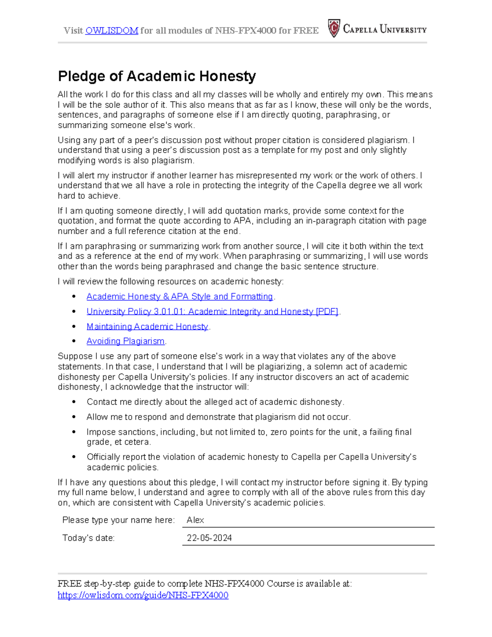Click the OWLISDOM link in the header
(x=112, y=31)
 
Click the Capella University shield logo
(x=334, y=29)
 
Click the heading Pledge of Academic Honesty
(x=157, y=76)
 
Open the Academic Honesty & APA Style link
(x=180, y=297)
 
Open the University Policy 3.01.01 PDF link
(x=212, y=312)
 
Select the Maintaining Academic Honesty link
(x=147, y=326)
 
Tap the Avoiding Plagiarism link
(x=125, y=341)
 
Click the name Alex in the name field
(x=195, y=520)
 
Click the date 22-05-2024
(x=209, y=538)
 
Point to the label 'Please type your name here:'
(x=118, y=520)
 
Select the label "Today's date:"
(x=88, y=538)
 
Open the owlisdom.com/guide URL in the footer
(x=143, y=595)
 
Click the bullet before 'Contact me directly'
(x=74, y=402)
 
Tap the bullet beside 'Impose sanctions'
(x=74, y=432)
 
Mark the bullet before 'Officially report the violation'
(x=74, y=457)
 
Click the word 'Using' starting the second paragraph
(x=68, y=140)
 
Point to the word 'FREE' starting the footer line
(x=70, y=584)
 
